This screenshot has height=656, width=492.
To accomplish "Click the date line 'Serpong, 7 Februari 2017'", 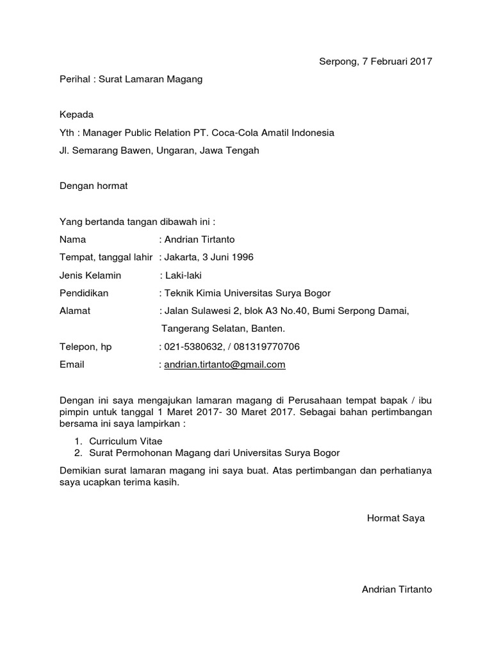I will (x=375, y=62).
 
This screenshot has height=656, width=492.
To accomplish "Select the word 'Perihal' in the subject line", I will (x=74, y=79).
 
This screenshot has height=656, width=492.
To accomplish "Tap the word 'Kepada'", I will (x=76, y=115).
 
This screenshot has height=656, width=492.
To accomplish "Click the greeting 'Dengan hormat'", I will (x=94, y=186).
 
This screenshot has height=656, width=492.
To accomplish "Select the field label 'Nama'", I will (x=72, y=240).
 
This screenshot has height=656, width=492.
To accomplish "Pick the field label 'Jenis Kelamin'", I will (x=90, y=275).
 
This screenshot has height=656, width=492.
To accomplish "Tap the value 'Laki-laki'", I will (x=183, y=275).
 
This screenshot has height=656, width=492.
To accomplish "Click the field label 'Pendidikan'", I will (x=84, y=293).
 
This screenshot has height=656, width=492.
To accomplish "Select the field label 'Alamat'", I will (x=75, y=311).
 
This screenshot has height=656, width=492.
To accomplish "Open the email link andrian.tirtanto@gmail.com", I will (x=224, y=365).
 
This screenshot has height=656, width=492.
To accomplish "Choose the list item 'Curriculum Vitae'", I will (x=126, y=441).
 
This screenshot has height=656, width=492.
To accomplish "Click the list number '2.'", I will (x=78, y=453).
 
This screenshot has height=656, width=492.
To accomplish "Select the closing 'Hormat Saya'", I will (x=396, y=518).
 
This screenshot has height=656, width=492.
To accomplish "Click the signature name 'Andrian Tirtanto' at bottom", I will (x=397, y=589).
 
